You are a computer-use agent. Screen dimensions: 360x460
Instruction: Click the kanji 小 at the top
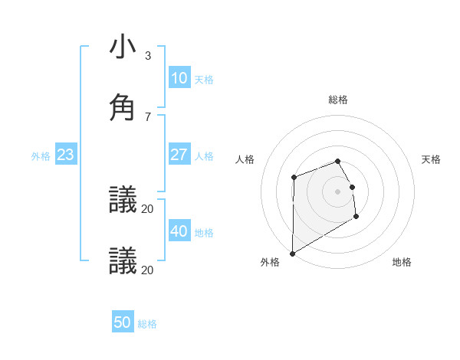coord(123,47)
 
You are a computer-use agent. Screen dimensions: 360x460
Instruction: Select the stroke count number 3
coord(148,56)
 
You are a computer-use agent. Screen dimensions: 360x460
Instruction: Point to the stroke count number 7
coord(148,116)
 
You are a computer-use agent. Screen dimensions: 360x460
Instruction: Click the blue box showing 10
coord(179,78)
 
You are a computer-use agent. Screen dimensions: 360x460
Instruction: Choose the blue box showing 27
coord(179,155)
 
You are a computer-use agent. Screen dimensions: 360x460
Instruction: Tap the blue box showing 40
coord(179,231)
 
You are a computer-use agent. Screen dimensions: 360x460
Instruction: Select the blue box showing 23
coord(65,155)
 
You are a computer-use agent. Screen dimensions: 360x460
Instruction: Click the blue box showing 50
coord(123,322)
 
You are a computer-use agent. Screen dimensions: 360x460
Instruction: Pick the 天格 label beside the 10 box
coord(204,80)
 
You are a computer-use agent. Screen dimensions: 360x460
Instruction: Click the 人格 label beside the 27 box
coord(204,156)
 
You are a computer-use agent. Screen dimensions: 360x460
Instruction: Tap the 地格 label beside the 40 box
coord(204,233)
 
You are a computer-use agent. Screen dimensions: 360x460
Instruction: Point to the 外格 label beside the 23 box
coord(41,156)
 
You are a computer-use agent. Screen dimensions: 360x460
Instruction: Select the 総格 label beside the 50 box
coord(147,324)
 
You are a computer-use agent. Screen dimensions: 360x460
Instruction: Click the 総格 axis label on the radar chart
coord(338,100)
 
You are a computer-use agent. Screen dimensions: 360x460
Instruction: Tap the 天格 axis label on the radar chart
coord(432,159)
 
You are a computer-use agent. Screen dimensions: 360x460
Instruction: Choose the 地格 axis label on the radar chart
coord(402,262)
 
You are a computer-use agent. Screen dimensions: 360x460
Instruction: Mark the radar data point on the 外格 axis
coord(292,253)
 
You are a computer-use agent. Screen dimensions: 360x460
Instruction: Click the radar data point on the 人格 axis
coord(294,178)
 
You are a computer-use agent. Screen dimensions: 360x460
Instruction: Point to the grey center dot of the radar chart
coord(337,191)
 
